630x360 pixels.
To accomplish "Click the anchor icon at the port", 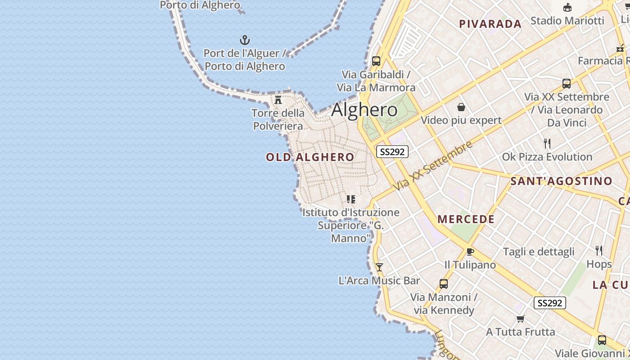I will pyautogui.click(x=244, y=40).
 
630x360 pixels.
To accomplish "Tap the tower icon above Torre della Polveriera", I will pyautogui.click(x=278, y=99).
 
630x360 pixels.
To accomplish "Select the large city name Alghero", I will pyautogui.click(x=364, y=110).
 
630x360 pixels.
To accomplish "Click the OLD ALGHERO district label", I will pyautogui.click(x=310, y=157).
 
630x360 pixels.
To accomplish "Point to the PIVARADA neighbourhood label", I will pyautogui.click(x=490, y=24).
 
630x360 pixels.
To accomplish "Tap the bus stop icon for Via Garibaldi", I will pyautogui.click(x=376, y=61).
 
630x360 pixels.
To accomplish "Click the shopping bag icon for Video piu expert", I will pyautogui.click(x=461, y=107).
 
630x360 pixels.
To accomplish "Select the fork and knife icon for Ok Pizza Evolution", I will pyautogui.click(x=547, y=144).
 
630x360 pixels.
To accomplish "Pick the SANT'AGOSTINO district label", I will pyautogui.click(x=561, y=181).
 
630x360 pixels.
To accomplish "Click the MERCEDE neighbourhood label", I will pyautogui.click(x=466, y=220).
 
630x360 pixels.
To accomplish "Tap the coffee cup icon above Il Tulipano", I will pyautogui.click(x=470, y=252).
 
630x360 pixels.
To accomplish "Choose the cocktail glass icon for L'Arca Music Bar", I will pyautogui.click(x=379, y=267).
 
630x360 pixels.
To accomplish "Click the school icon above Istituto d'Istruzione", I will pyautogui.click(x=351, y=199).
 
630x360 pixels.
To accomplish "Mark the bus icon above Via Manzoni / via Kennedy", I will pyautogui.click(x=444, y=284).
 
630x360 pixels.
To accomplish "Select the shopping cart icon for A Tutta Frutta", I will pyautogui.click(x=521, y=319).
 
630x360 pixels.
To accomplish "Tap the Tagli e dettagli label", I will pyautogui.click(x=539, y=252).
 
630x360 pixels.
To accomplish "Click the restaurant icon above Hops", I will pyautogui.click(x=599, y=250).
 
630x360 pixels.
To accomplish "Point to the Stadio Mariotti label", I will pyautogui.click(x=567, y=21).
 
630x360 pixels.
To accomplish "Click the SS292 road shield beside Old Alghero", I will pyautogui.click(x=392, y=152).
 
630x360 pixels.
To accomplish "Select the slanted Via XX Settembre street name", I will pyautogui.click(x=432, y=165).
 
